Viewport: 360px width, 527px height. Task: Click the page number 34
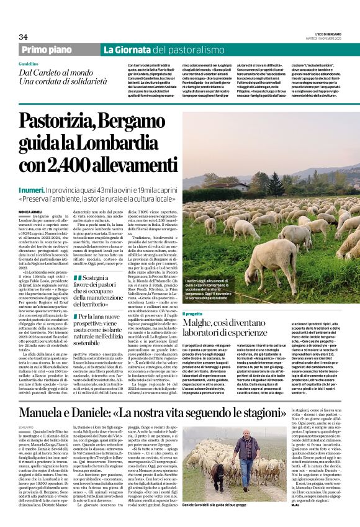click(x=23, y=37)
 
